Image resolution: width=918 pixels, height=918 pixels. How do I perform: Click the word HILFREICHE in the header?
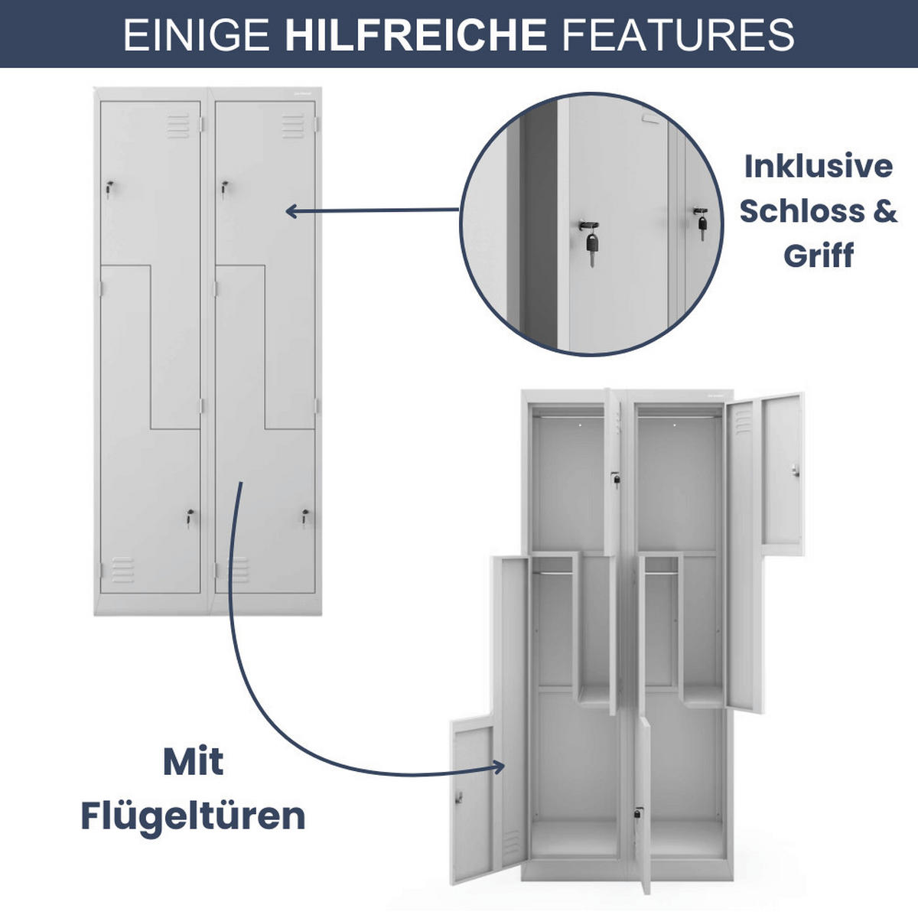point(415,34)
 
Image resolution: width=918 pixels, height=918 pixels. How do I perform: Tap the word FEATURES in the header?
point(679,34)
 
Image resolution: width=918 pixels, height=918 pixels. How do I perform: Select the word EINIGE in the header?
point(196,34)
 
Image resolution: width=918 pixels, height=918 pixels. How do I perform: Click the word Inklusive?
point(818,166)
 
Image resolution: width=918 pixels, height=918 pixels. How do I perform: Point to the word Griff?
point(818,255)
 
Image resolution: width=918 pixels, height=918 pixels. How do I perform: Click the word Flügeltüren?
point(193,815)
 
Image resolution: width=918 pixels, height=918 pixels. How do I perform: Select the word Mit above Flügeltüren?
point(193,761)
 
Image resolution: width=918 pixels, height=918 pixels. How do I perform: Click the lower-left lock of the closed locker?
point(189,517)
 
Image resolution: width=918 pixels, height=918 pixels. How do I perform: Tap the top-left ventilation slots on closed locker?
point(177,126)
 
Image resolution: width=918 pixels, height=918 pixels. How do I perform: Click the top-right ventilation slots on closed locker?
point(293,126)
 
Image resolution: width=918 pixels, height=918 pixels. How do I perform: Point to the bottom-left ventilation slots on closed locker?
point(122,569)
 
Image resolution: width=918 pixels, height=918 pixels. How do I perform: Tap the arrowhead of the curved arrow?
point(500,767)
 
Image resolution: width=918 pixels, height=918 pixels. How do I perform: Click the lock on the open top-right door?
point(796,469)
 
